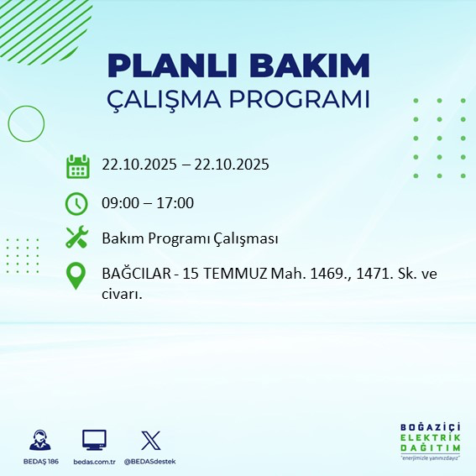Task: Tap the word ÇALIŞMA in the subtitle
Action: click(164, 99)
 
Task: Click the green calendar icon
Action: click(77, 165)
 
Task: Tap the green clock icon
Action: click(77, 202)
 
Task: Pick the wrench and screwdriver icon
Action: click(77, 238)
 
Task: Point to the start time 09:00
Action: click(120, 202)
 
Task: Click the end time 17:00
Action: click(176, 202)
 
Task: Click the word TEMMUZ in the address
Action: click(230, 274)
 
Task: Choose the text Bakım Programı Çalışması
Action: click(190, 238)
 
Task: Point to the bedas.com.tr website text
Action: click(94, 462)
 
